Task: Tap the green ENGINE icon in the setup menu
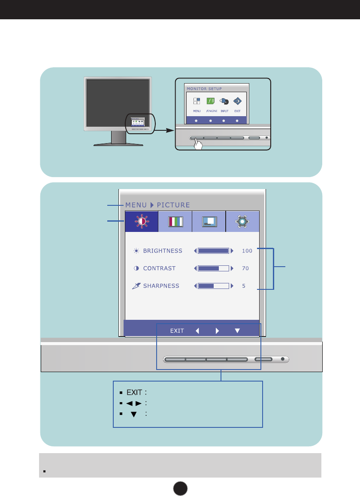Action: (x=210, y=102)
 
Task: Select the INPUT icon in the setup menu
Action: (x=224, y=102)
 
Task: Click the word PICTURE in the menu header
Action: (x=173, y=205)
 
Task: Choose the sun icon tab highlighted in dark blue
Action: (x=141, y=222)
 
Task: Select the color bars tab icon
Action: (x=175, y=222)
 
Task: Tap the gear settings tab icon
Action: (x=242, y=222)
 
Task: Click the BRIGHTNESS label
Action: (x=163, y=251)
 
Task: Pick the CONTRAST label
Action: (x=159, y=268)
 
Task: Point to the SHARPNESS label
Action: (x=161, y=286)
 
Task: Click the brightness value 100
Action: (x=247, y=251)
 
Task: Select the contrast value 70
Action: (x=245, y=268)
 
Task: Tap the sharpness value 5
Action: (x=244, y=286)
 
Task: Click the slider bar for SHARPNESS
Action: (x=213, y=286)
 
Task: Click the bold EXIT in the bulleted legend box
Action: (x=134, y=392)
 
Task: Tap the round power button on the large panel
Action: (x=283, y=359)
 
